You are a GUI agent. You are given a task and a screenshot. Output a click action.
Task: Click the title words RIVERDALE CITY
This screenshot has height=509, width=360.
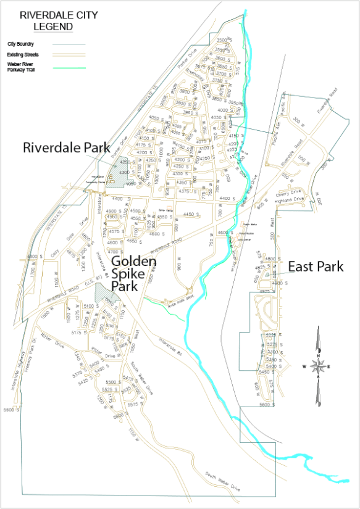pos(47,16)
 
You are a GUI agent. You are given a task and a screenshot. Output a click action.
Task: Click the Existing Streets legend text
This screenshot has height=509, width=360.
pos(23,55)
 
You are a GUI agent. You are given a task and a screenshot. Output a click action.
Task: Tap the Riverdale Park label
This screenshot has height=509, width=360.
pos(67,148)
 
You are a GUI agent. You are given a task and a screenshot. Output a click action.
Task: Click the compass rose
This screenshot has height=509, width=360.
pos(317,366)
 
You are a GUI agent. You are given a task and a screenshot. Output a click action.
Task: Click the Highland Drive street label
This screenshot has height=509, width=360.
pos(290,199)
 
